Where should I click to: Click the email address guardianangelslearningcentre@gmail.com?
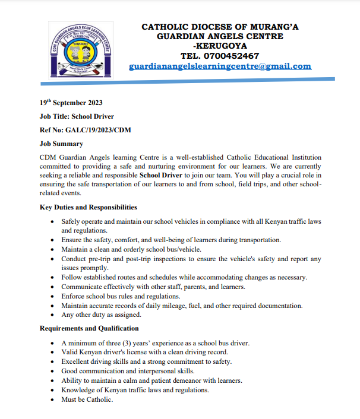220,66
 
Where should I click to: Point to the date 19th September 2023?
71,103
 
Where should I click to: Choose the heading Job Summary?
61,144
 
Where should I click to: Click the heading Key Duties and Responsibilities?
88,207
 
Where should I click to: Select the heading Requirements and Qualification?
89,328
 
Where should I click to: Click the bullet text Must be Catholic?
87,399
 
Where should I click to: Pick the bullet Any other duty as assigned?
101,315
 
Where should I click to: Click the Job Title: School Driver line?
77,116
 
